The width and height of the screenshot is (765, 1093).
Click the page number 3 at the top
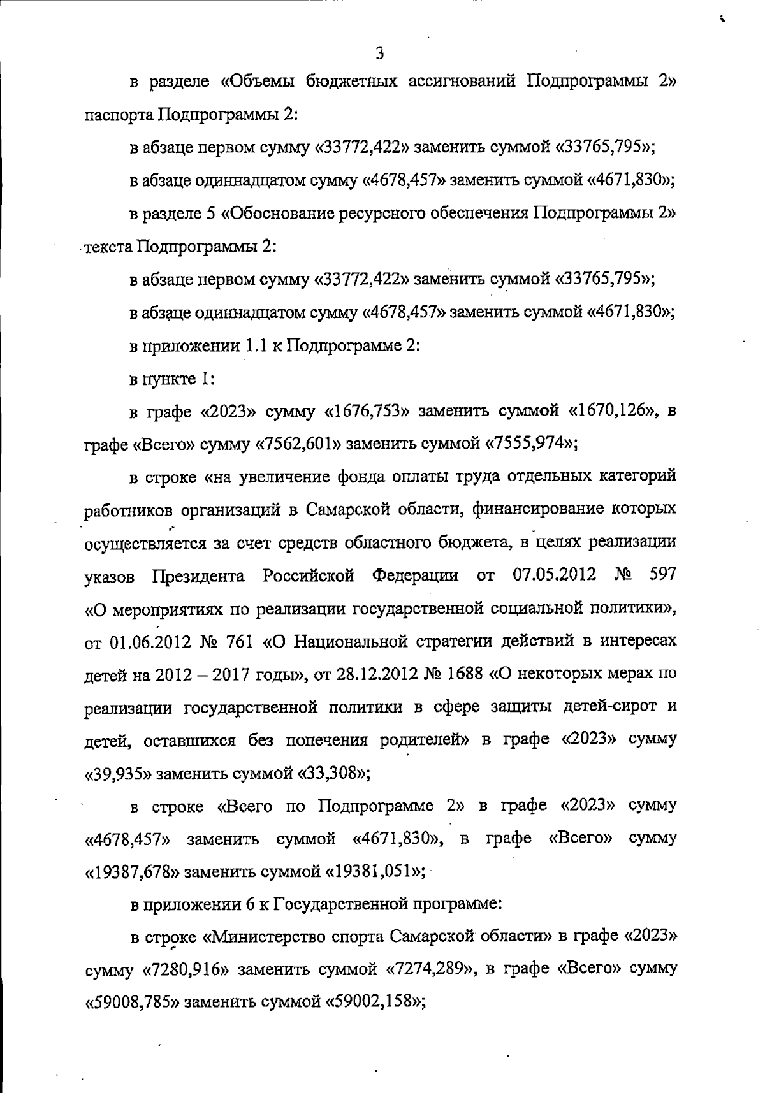click(x=380, y=53)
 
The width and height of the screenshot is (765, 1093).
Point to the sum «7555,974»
click(x=528, y=444)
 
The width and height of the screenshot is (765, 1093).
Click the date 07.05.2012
click(x=555, y=575)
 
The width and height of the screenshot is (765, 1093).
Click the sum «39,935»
click(x=120, y=774)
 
